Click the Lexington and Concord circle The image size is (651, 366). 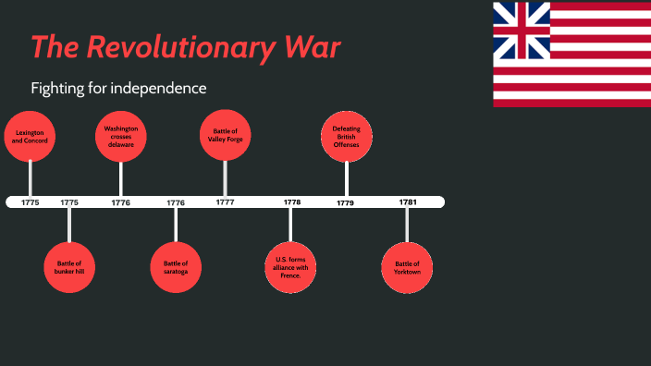(30, 136)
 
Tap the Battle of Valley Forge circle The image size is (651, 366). (225, 136)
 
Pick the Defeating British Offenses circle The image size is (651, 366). (347, 136)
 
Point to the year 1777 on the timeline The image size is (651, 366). (225, 201)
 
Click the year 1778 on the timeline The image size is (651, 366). (292, 201)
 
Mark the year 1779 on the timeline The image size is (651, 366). (345, 202)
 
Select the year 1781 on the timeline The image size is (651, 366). (408, 201)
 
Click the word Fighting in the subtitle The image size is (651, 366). (56, 89)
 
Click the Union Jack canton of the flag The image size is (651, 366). (522, 30)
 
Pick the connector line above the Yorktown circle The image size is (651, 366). (407, 224)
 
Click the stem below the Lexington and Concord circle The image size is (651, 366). (31, 177)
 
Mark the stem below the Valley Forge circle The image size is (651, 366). (225, 177)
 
